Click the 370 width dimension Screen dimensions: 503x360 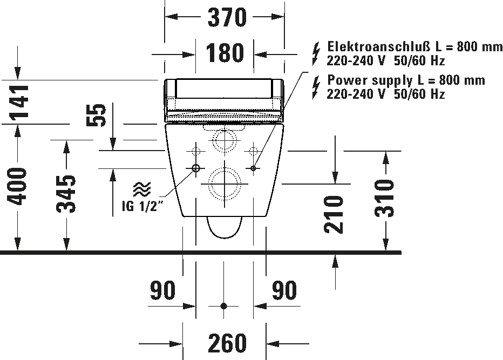[227, 17]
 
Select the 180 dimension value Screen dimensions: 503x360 [225, 52]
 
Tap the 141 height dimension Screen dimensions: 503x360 [20, 101]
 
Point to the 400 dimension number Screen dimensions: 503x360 [18, 186]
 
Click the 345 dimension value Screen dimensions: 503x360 [66, 194]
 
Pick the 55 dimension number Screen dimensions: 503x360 [96, 115]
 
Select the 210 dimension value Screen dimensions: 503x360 [334, 214]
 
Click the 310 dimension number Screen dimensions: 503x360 [384, 198]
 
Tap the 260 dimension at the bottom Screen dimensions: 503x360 [227, 343]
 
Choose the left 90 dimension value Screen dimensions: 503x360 [163, 290]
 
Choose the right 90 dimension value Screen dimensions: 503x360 [284, 290]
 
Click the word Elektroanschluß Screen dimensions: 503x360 [378, 47]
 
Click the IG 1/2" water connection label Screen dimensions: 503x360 [143, 206]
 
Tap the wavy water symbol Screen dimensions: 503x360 [142, 189]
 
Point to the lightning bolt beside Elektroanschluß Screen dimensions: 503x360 [316, 53]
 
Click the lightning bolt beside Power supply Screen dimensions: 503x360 [316, 87]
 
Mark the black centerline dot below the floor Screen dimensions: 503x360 [224, 306]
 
